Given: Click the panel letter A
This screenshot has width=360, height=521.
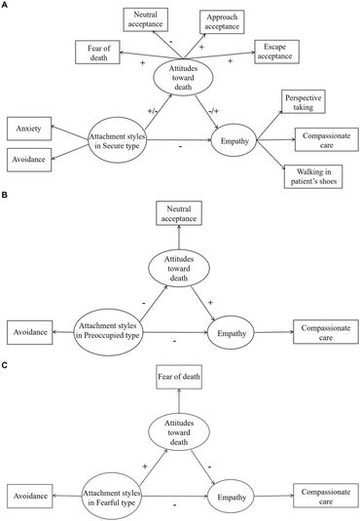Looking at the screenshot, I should (x=5, y=6).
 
